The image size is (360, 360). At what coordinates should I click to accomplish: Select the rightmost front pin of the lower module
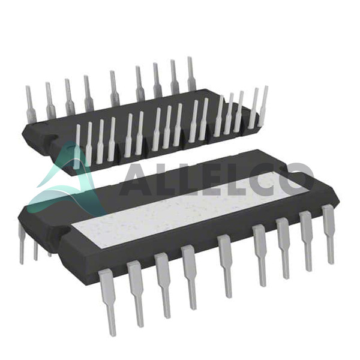329,234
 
